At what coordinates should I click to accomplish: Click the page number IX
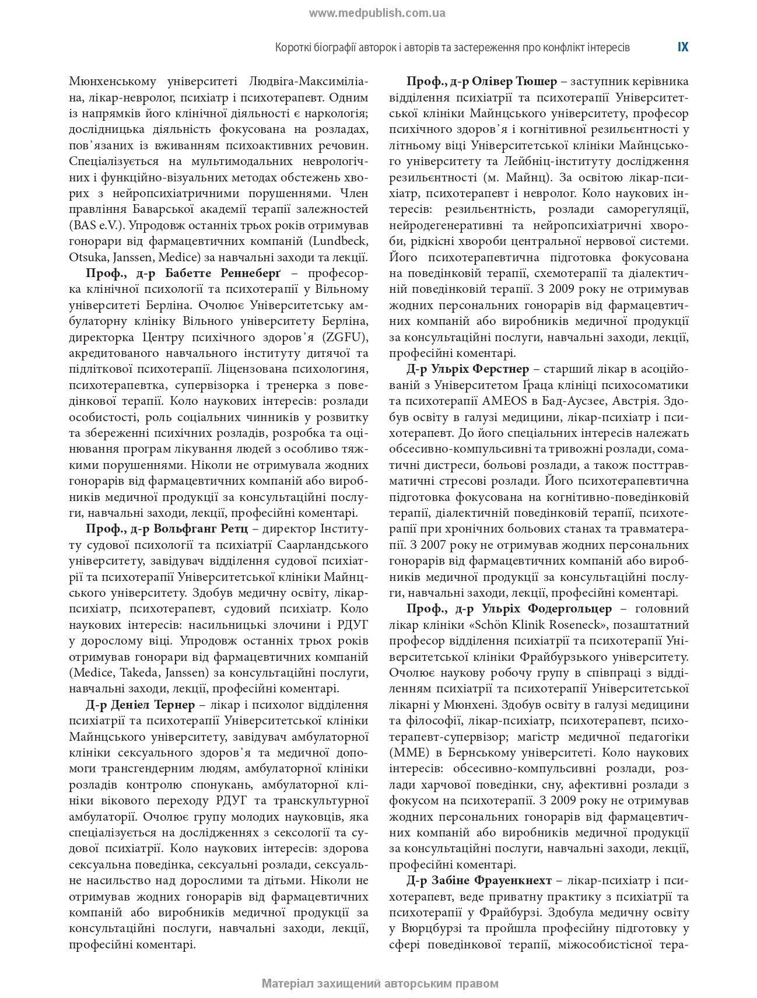click(683, 47)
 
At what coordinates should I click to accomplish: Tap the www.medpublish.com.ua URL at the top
click(377, 13)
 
